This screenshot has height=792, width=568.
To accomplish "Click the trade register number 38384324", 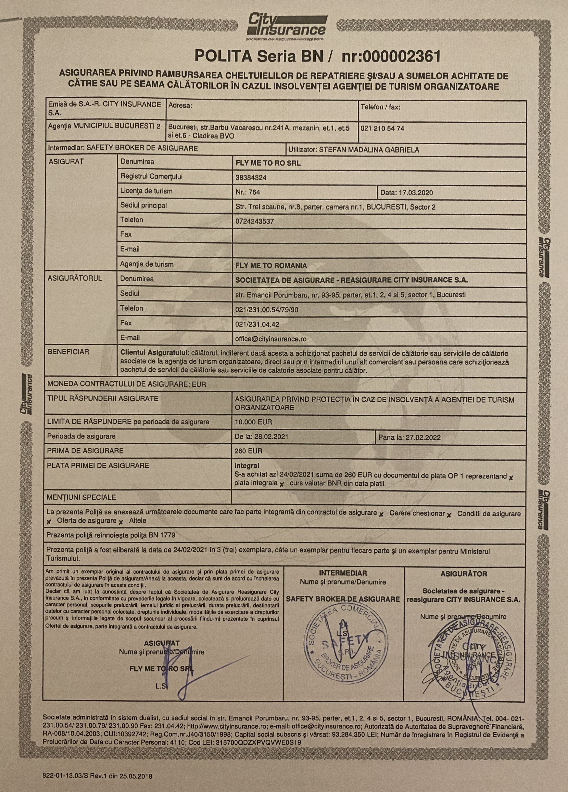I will [x=251, y=178].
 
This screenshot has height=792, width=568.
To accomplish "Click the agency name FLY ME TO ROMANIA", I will [x=271, y=265].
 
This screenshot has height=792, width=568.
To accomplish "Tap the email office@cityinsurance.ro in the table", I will [x=271, y=339].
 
